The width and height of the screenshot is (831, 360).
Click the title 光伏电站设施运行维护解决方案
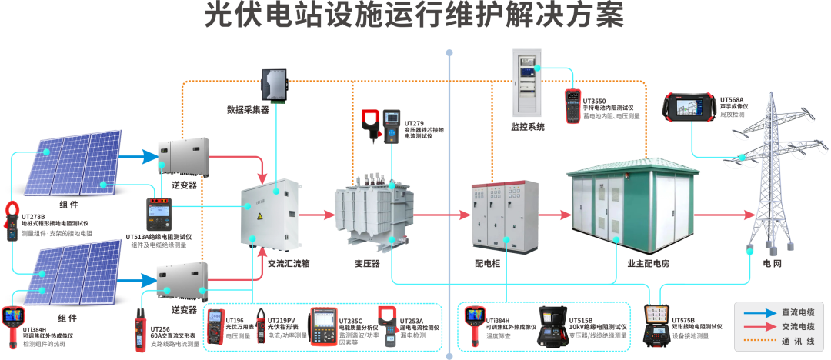click(414, 15)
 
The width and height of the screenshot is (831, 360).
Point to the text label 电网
click(772, 262)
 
